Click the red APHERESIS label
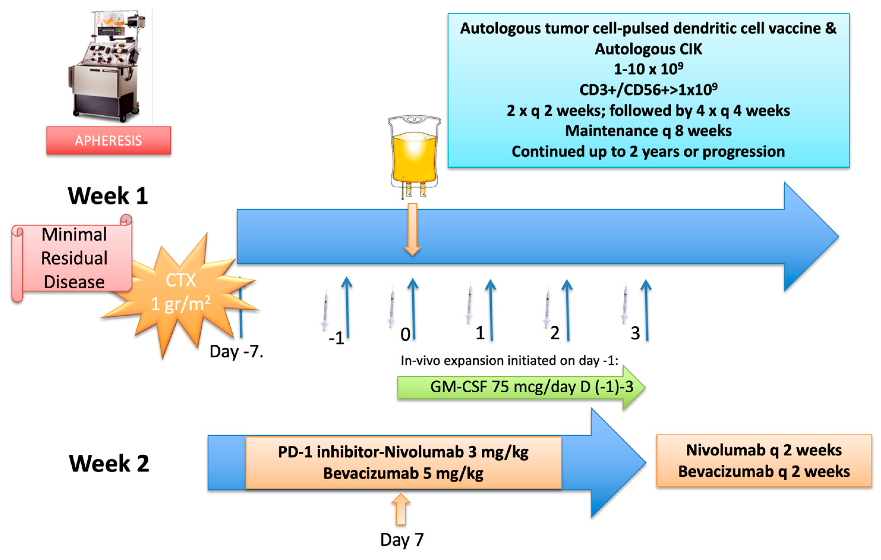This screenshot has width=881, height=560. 108,141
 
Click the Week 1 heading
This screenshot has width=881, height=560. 108,196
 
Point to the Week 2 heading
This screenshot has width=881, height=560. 109,463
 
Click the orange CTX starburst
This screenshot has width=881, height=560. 181,293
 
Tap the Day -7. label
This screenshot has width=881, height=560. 236,352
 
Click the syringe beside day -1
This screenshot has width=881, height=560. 325,310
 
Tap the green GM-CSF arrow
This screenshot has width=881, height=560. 519,387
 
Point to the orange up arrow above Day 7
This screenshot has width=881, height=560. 401,509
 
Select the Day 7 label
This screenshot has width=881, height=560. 402,539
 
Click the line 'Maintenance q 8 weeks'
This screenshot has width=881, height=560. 648,131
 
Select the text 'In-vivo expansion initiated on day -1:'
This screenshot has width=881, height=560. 509,361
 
